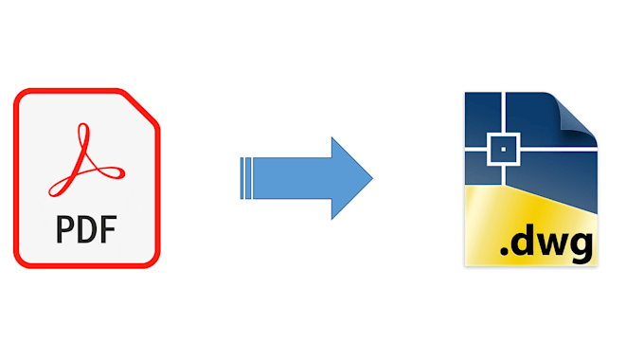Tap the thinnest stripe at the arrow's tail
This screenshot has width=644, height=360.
(x=243, y=178)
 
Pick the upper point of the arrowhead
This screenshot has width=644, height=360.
(x=331, y=138)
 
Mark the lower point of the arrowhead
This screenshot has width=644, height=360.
(x=331, y=218)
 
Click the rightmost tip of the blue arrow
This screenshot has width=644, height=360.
(x=372, y=178)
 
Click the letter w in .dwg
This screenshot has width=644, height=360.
(x=554, y=247)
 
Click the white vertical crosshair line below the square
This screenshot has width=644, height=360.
(x=504, y=175)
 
